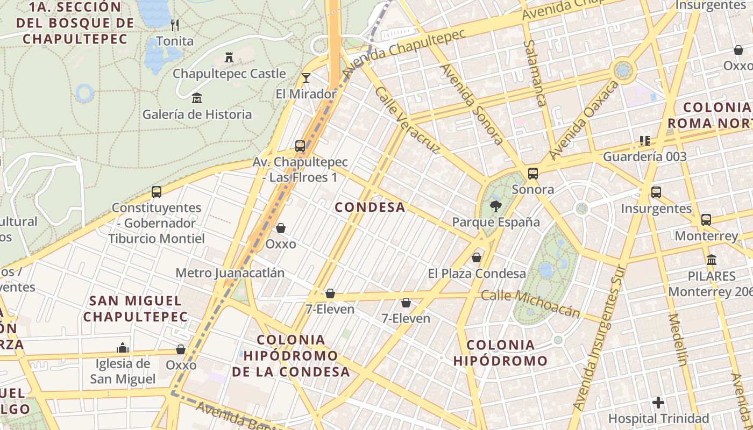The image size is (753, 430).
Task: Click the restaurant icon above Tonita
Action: [174, 25]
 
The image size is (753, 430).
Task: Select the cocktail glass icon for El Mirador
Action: [306, 78]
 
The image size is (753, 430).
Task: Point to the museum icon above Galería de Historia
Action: [197, 98]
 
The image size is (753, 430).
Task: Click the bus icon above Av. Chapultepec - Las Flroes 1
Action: [300, 146]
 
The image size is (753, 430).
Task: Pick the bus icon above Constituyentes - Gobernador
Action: [157, 191]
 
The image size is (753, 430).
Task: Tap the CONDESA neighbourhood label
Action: [370, 207]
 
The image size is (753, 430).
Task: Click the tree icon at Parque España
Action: [495, 206]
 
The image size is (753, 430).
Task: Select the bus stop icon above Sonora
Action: [533, 173]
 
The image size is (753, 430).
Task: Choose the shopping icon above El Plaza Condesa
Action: [477, 257]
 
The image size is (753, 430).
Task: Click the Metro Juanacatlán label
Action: [230, 273]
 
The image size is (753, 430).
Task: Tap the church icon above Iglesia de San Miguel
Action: [123, 348]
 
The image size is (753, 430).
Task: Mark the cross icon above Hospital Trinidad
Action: [658, 402]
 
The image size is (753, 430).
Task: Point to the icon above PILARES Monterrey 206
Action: [712, 260]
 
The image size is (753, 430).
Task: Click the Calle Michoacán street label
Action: [530, 304]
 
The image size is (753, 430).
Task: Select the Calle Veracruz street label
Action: [407, 120]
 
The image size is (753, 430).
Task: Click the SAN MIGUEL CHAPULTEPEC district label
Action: [136, 309]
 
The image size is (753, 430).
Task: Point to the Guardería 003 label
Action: [645, 157]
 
